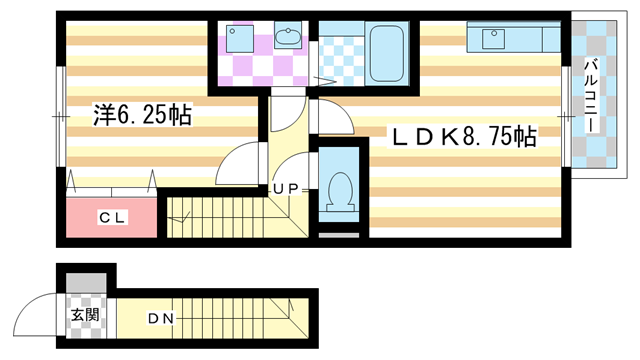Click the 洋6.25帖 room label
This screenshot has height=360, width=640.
[141, 115]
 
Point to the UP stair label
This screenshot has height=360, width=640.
[285, 188]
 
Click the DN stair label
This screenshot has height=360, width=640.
[162, 319]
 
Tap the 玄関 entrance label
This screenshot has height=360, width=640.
[85, 317]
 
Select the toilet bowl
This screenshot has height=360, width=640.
[339, 190]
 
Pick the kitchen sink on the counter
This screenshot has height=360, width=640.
[493, 39]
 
